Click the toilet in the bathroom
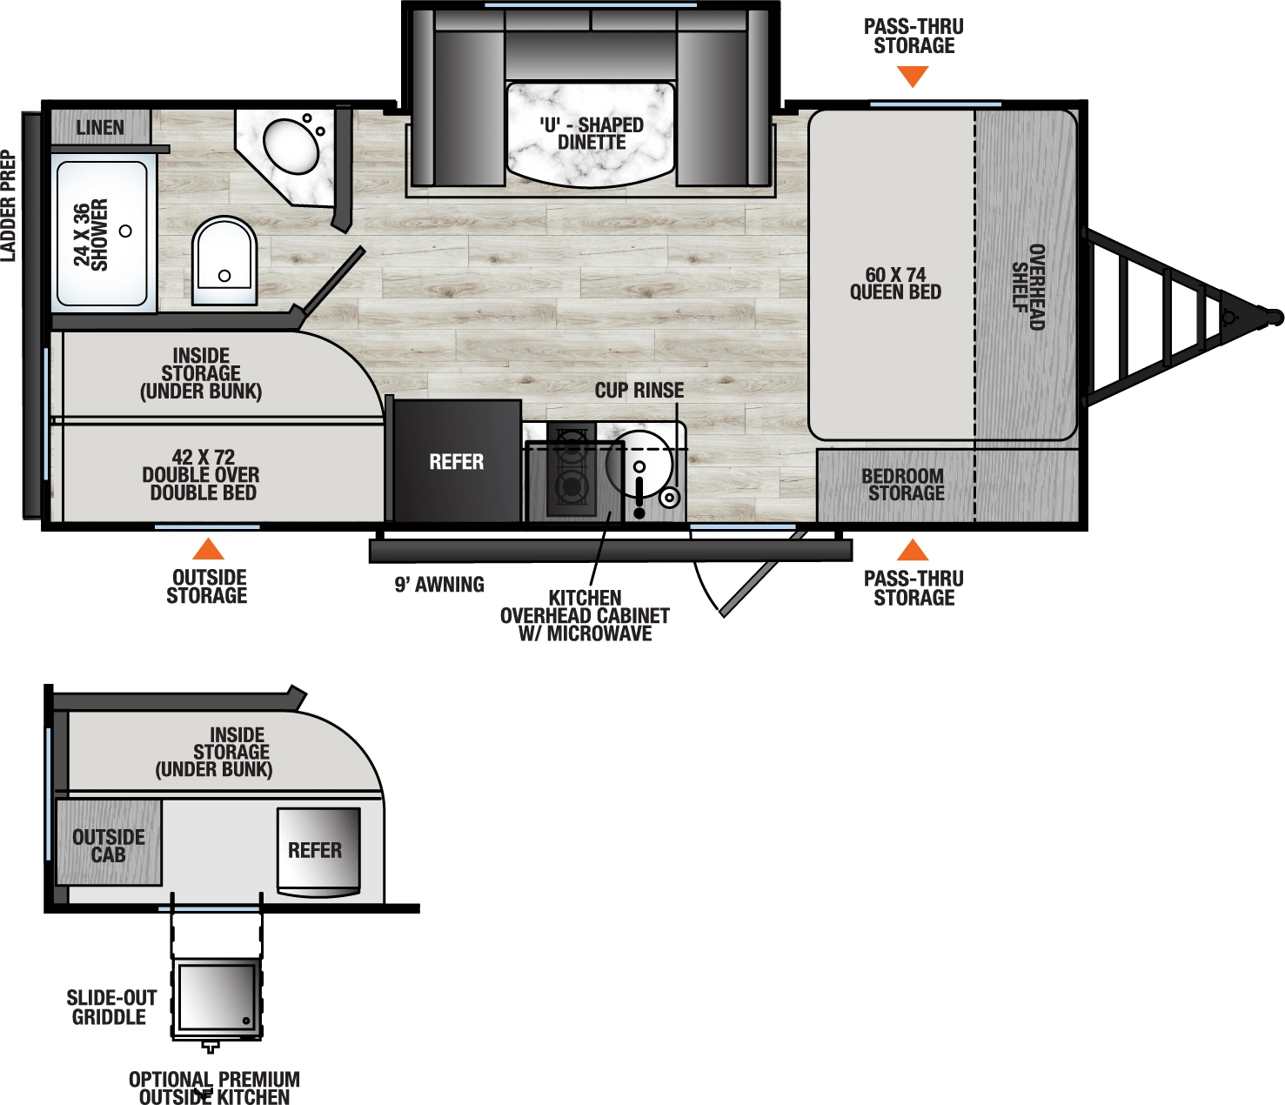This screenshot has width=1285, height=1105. point(224,260)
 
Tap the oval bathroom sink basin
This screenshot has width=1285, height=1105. point(291,145)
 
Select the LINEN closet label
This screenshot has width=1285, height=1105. point(100,128)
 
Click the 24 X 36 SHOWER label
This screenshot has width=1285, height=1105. point(91,234)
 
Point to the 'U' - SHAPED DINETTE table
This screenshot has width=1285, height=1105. point(591,134)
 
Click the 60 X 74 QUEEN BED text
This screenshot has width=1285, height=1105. point(895,284)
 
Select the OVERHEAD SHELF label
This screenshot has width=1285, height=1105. point(1027,286)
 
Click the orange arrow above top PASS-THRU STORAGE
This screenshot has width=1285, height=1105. point(913,77)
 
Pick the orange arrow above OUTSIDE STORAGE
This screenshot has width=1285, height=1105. point(208,549)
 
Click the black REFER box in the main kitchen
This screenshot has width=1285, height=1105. point(456,461)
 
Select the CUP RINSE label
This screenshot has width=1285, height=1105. point(639,391)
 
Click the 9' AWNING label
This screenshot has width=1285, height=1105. point(439,585)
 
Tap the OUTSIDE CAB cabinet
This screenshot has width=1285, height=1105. point(109,845)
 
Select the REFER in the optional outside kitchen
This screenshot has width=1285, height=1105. point(317,850)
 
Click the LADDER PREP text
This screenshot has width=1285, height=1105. point(9,205)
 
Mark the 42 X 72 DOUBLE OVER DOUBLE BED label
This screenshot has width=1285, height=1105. point(202,475)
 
